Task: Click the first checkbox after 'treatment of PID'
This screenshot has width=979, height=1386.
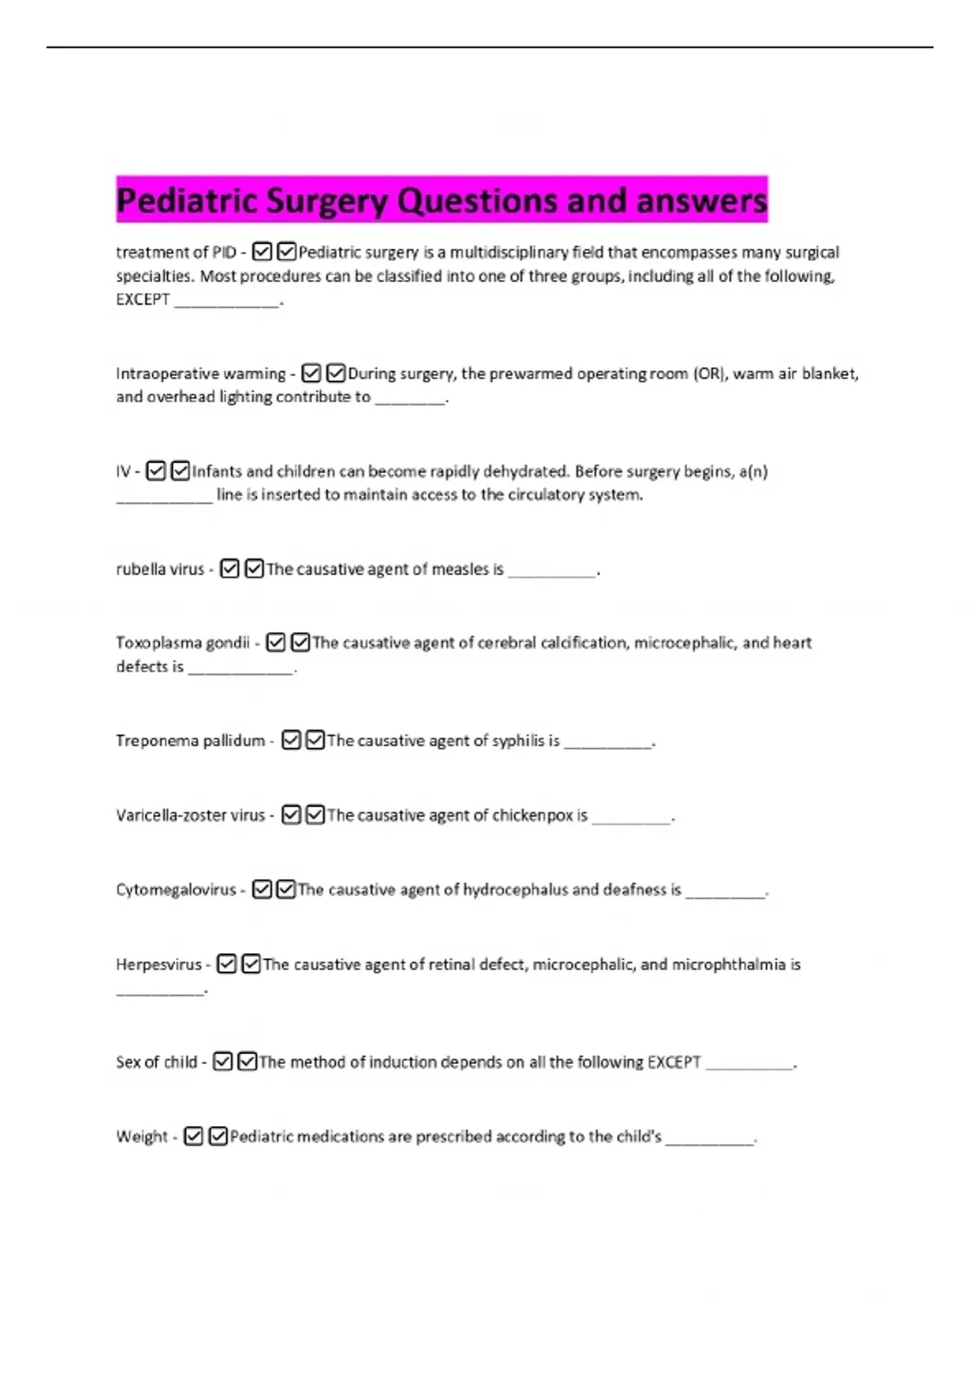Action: point(262,252)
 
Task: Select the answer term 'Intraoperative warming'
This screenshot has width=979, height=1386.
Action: point(201,374)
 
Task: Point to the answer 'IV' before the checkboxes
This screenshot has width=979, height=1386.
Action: point(123,471)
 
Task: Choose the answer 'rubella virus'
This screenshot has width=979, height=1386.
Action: point(160,569)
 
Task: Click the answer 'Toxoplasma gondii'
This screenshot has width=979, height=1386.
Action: point(183,642)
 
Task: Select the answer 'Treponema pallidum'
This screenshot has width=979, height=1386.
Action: point(190,740)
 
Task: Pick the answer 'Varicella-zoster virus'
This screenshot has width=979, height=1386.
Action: point(190,815)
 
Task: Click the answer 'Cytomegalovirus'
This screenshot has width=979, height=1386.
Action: point(175,889)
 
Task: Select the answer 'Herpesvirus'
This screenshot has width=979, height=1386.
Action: point(158,964)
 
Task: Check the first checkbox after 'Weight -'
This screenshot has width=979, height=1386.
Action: point(193,1137)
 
